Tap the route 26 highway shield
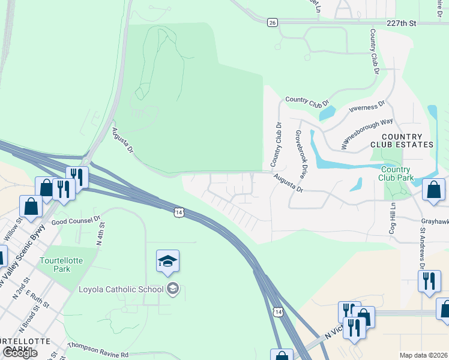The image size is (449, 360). click(x=273, y=22)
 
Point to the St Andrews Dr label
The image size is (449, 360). click(x=423, y=247)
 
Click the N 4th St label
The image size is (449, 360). click(x=101, y=235)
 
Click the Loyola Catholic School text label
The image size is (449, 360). click(x=121, y=289)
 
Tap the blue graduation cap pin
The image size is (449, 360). click(x=167, y=262)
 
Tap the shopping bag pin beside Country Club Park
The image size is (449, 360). click(x=433, y=190)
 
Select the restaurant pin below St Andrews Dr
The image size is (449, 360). click(x=429, y=281)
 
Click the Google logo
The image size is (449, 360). click(x=20, y=353)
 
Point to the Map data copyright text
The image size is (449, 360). click(x=424, y=355)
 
